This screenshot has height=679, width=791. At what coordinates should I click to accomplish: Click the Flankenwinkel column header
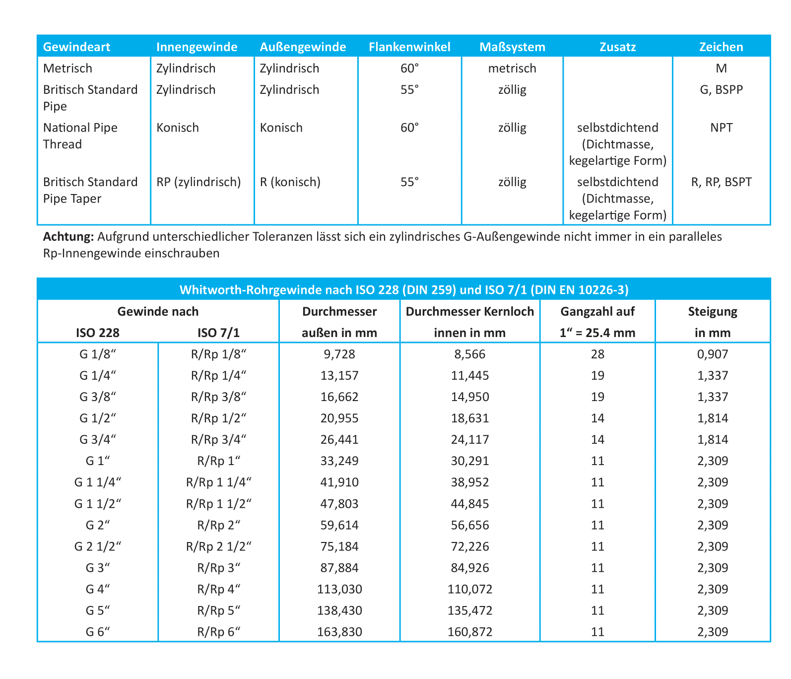click(409, 47)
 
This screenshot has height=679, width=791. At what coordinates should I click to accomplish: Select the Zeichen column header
click(721, 47)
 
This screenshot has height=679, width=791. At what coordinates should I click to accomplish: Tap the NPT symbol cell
click(721, 128)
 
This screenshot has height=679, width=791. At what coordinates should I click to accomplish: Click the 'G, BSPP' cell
click(721, 90)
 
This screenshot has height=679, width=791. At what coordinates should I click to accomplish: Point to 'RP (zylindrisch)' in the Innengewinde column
click(198, 182)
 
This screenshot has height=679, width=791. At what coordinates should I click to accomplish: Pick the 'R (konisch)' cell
click(290, 182)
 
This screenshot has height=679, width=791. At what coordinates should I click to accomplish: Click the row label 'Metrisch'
click(67, 68)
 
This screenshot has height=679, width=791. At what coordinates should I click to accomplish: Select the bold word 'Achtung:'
click(68, 237)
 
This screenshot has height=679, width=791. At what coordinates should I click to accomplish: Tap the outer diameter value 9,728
click(339, 354)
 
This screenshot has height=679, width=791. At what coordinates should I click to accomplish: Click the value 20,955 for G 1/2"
click(339, 418)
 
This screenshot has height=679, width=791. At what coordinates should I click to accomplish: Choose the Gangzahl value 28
click(597, 354)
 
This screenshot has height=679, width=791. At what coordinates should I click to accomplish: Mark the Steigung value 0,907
click(713, 354)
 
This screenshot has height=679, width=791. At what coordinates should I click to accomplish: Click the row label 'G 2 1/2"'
click(98, 546)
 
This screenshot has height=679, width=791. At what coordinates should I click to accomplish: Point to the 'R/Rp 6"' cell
click(218, 632)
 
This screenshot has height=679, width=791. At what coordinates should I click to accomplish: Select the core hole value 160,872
click(469, 632)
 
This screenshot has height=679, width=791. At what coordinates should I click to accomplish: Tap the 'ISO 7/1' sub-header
click(218, 333)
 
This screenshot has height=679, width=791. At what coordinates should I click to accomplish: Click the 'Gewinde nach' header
click(158, 312)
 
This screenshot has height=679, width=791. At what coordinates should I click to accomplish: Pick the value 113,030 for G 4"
click(339, 589)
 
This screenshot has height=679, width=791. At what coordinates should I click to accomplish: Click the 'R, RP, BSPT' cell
click(721, 182)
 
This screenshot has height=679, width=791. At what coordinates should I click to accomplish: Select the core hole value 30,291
click(469, 461)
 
